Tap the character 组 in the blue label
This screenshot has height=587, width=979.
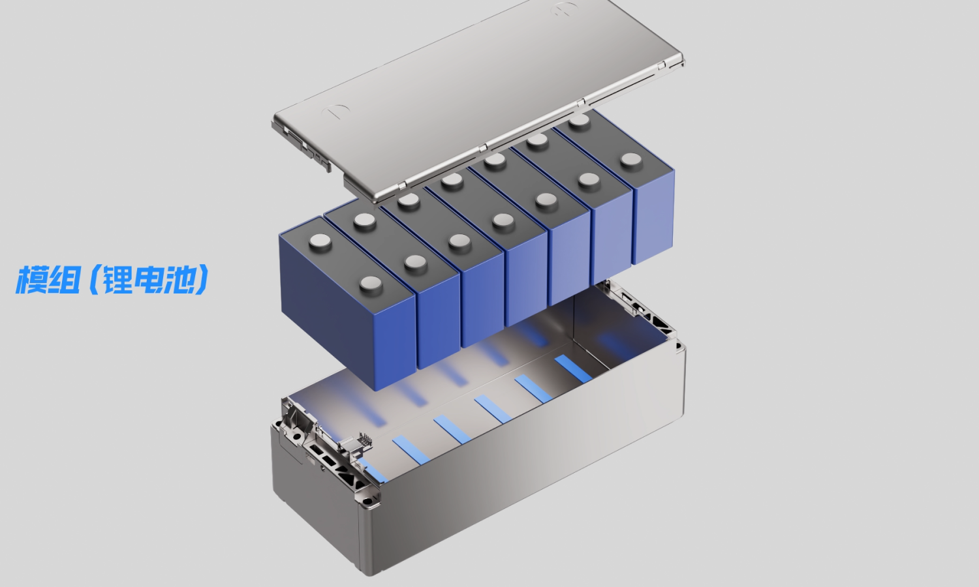point(64,280)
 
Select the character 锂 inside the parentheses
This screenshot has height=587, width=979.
point(117,280)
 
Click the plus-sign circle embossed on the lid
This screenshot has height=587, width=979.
point(565,8)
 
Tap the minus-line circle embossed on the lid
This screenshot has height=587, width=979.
point(335,111)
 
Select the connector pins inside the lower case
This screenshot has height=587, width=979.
point(365,440)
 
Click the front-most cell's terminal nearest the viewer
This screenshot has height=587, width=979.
point(371,285)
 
